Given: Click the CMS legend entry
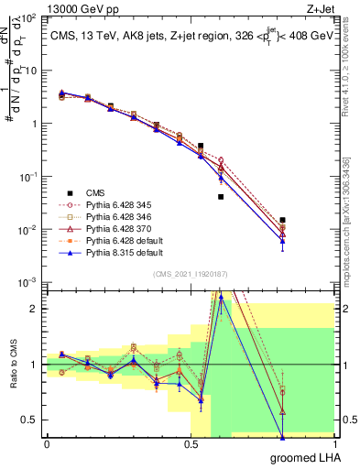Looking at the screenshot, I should (x=96, y=192).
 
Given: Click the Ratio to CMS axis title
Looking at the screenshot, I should (x=12, y=366).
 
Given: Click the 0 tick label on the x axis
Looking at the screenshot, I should (x=46, y=444).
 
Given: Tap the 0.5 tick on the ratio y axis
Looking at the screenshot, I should (x=33, y=420).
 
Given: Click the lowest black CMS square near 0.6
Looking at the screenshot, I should (x=221, y=197).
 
